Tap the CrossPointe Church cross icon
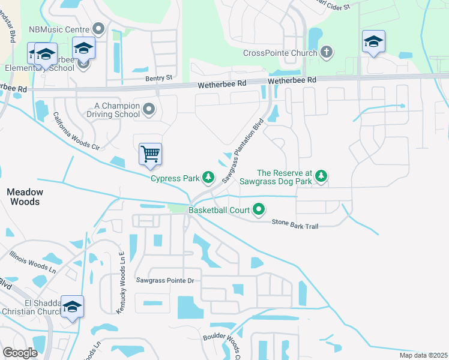(x=326, y=52)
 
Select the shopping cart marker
(x=150, y=154)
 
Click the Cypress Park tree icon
(x=208, y=177)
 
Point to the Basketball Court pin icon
(x=259, y=209)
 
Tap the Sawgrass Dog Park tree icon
(x=322, y=175)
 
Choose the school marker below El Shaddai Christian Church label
(x=73, y=307)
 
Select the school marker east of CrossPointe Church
(x=373, y=41)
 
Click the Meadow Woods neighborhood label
(x=25, y=197)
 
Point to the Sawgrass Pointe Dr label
(x=166, y=280)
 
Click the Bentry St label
(x=158, y=77)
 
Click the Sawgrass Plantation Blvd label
(x=243, y=151)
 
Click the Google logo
(x=20, y=353)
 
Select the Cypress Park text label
(x=174, y=178)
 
